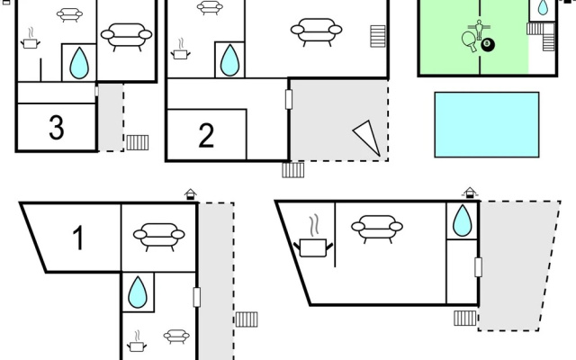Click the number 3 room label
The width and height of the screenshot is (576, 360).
pos(57,127)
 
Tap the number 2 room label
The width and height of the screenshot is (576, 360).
pos(206,135)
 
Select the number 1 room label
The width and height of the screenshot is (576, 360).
pos(78,238)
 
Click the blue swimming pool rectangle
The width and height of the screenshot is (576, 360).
pos(487,125)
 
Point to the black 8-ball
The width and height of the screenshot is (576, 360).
pos(488,45)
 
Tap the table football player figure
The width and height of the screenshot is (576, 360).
pos(479,29)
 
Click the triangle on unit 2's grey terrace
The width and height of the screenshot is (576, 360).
pos(366,137)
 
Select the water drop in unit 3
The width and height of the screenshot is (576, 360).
pos(79,63)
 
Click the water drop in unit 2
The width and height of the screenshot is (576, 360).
pos(229,60)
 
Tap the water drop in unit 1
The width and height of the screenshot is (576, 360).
pos(138,292)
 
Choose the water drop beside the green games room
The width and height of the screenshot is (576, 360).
pos(543,7)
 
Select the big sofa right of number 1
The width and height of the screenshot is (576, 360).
pos(158,237)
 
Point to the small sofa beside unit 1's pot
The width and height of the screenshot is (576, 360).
pos(176,336)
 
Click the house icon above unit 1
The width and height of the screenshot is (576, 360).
pos(190,194)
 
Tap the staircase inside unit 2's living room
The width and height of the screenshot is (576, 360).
pos(378,36)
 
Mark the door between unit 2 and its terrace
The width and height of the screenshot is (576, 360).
pos(289,99)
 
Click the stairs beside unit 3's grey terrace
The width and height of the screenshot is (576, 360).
pos(138,142)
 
